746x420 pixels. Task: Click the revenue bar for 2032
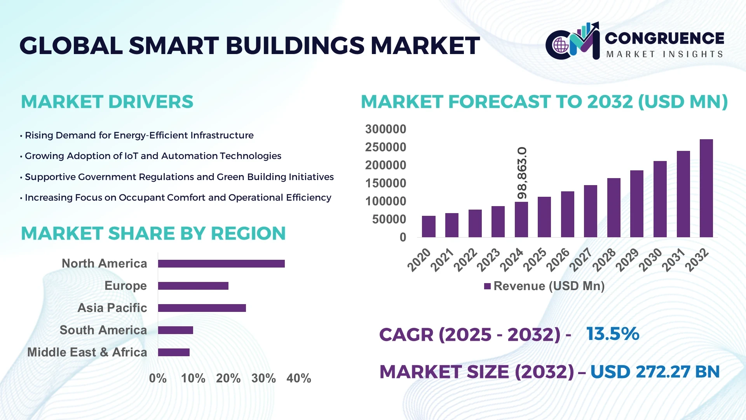706,189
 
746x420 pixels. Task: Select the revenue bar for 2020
429,227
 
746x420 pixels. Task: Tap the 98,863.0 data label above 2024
522,173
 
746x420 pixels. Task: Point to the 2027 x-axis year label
580,259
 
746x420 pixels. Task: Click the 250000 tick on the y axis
385,147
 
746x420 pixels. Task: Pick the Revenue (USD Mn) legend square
487,286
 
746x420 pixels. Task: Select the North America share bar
221,264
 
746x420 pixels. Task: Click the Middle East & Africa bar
174,352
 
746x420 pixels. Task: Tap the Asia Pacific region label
112,308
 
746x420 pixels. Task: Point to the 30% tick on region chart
263,378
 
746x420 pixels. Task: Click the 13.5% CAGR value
612,334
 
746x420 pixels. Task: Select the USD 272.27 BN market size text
655,372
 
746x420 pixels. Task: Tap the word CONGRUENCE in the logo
664,38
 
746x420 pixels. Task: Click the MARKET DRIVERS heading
107,102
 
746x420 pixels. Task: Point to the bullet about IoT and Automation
153,156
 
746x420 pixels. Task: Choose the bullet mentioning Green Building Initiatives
179,177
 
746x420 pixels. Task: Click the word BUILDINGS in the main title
295,45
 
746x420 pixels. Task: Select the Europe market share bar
193,286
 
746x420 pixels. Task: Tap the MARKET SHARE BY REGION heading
153,234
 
